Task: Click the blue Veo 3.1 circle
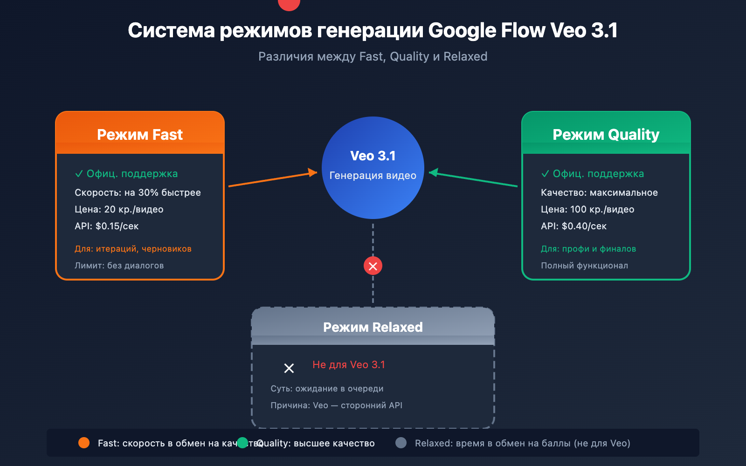pos(373,168)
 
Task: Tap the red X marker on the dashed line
pos(373,266)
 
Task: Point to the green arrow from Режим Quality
pos(473,179)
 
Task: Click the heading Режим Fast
pos(140,135)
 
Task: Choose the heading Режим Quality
pos(606,135)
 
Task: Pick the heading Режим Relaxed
pos(373,327)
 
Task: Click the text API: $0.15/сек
pos(107,226)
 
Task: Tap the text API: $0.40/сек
pos(573,226)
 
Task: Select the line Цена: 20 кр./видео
pos(119,209)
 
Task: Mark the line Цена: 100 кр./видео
pos(587,209)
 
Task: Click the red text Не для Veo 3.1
pos(349,364)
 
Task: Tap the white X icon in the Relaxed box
pos(289,368)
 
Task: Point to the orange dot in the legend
pos(84,443)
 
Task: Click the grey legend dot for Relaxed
pos(401,443)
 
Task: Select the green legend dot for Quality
pos(242,443)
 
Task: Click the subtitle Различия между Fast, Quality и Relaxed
pos(373,56)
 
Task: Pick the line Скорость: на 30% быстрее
pos(138,192)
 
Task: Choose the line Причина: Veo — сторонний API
pos(336,405)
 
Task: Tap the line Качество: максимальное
pos(599,192)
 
